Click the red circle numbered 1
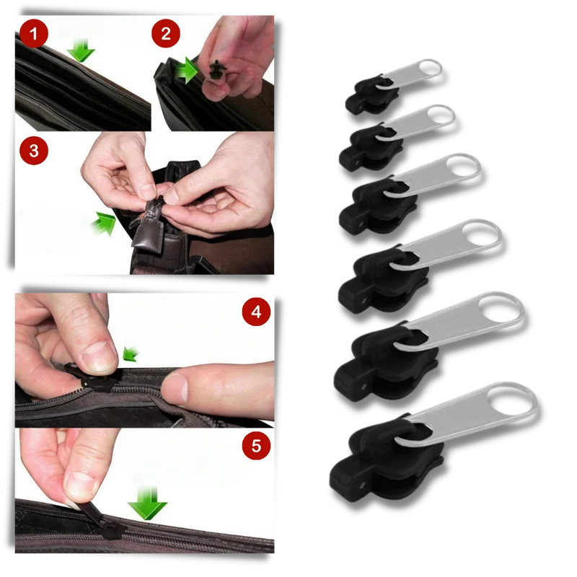(x=34, y=33)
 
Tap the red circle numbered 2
(x=166, y=33)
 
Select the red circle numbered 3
(x=34, y=151)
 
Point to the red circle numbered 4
(x=256, y=312)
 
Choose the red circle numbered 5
(x=256, y=446)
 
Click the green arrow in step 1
(x=81, y=50)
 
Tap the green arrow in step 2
(x=187, y=70)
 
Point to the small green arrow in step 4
(x=131, y=353)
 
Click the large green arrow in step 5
(x=147, y=503)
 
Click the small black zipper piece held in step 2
(x=216, y=69)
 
